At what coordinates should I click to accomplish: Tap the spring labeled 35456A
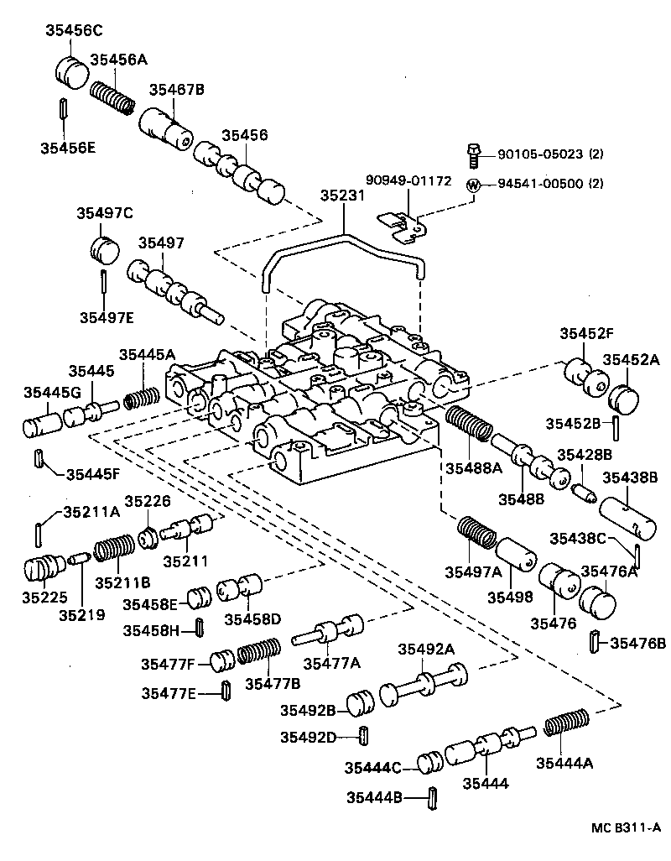[x=113, y=97]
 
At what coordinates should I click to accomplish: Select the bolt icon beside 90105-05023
[x=474, y=154]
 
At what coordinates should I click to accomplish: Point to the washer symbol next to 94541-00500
[x=474, y=185]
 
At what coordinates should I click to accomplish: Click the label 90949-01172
[x=408, y=180]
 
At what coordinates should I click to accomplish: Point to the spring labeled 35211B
[x=113, y=551]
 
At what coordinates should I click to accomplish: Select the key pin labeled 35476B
[x=594, y=642]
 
